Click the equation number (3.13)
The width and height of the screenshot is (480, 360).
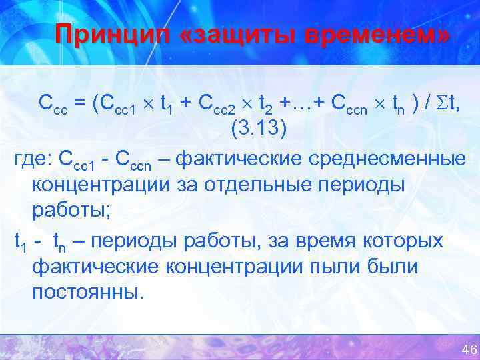(259, 128)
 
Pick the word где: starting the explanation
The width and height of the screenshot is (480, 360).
(33, 159)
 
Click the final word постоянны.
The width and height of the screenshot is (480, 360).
(87, 293)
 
